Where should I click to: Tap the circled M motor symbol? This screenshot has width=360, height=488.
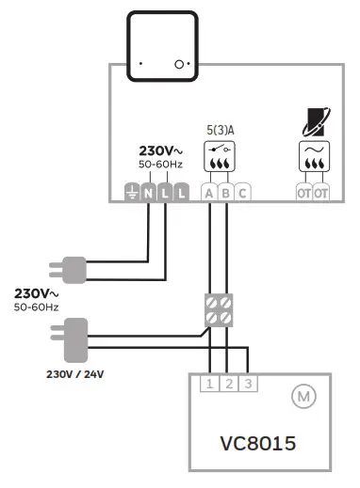tap(303, 397)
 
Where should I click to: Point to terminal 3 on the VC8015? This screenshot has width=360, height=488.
tap(248, 384)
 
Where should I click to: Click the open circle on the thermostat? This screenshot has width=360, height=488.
tap(177, 65)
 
